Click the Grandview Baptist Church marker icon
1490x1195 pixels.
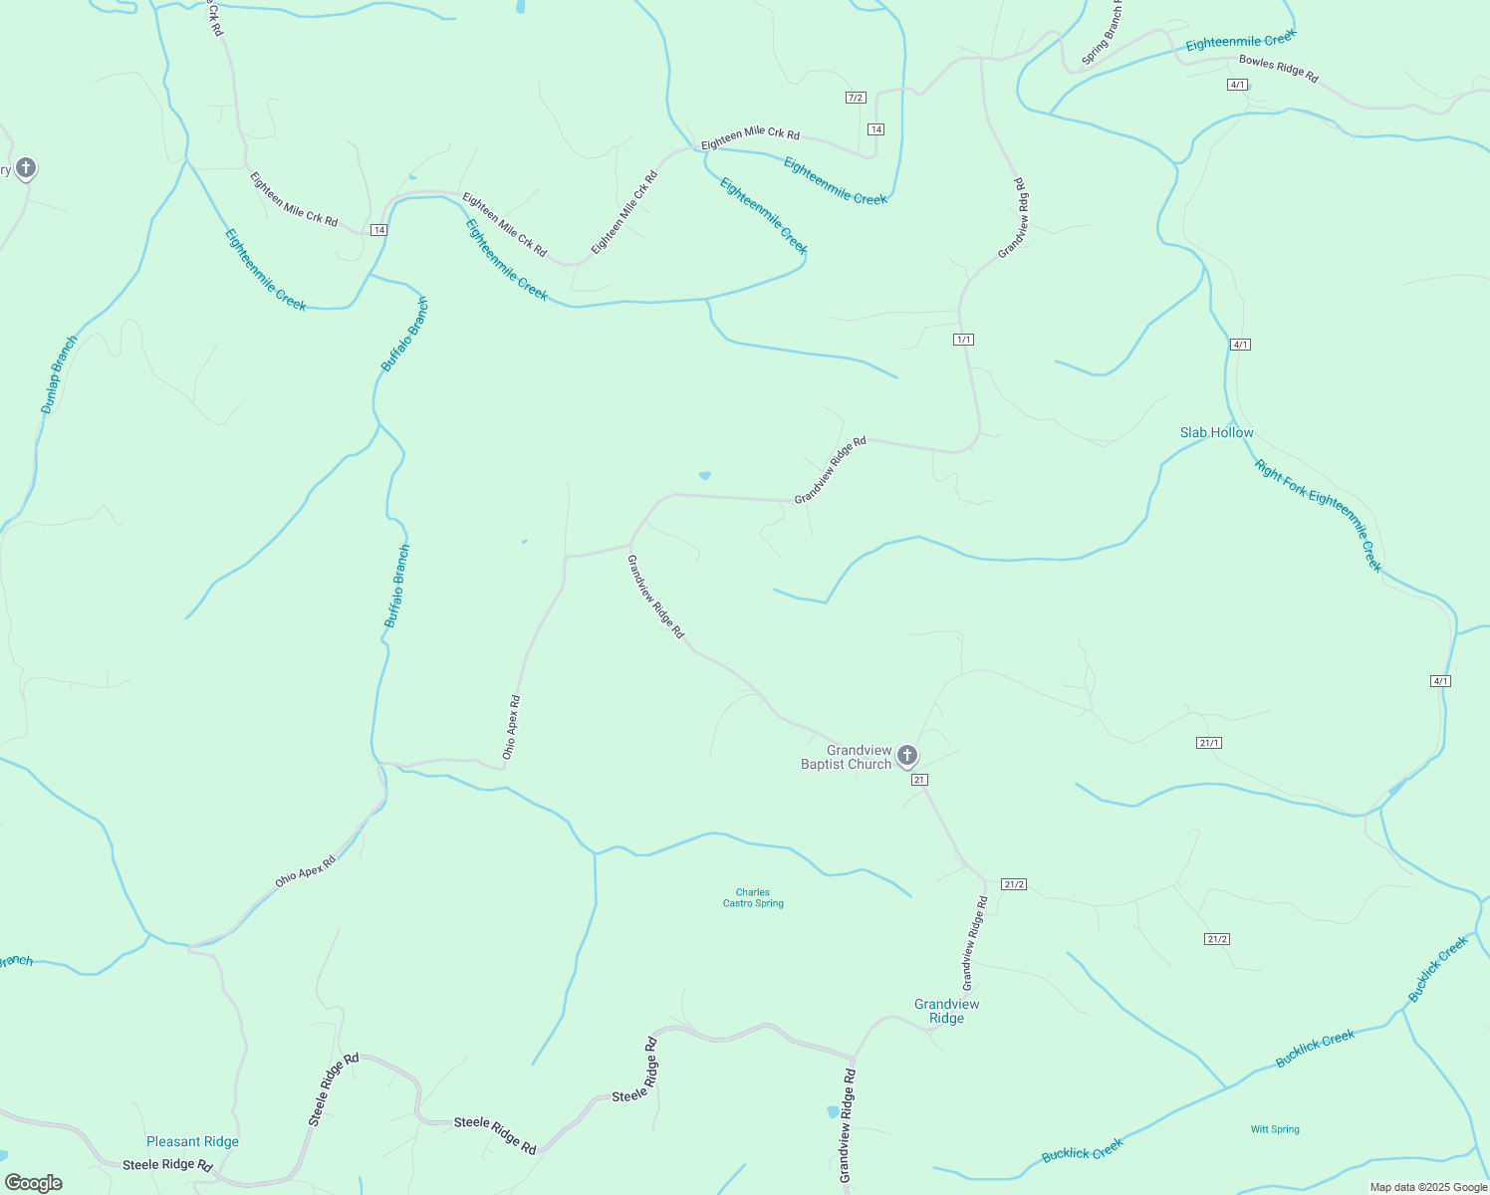point(906,755)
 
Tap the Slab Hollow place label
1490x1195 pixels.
point(1216,432)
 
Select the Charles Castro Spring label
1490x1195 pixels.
point(753,898)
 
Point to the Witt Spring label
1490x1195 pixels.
point(1275,1129)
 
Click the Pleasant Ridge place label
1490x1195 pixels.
point(192,1141)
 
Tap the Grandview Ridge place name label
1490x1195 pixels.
point(946,1011)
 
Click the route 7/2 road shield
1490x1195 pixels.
point(856,98)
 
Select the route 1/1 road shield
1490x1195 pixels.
point(963,340)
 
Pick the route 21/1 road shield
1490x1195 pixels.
point(1209,743)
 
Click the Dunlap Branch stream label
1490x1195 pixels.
point(59,375)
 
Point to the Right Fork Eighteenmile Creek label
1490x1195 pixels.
point(1319,515)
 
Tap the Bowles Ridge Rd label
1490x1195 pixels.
point(1278,69)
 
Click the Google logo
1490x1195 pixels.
point(34,1183)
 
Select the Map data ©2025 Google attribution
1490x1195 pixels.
point(1427,1187)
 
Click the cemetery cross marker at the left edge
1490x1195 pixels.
point(26,167)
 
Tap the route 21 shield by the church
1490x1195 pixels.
point(919,780)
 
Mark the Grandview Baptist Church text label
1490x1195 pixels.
point(847,757)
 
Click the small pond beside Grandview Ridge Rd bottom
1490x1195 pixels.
point(833,1111)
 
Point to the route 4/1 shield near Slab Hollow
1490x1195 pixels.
point(1240,345)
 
